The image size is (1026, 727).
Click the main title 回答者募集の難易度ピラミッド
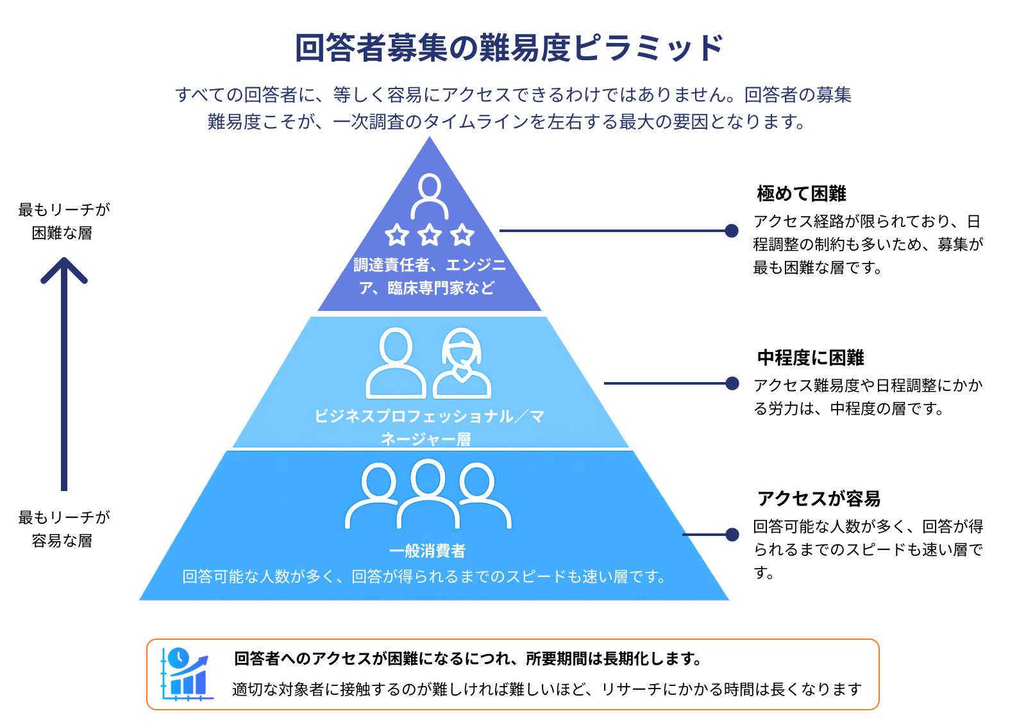click(510, 48)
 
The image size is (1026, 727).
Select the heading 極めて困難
click(801, 193)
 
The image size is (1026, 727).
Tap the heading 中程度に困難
click(810, 357)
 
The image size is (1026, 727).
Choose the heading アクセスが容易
click(818, 498)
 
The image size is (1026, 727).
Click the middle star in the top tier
click(430, 235)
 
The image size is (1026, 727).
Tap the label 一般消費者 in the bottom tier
click(427, 551)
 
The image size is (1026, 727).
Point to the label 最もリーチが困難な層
click(63, 221)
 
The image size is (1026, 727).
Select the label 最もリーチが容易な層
click(63, 529)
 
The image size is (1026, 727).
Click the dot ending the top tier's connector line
click(732, 231)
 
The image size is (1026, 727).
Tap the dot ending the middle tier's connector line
click(732, 383)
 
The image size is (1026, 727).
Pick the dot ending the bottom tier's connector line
click(732, 534)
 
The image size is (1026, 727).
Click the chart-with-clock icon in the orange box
click(185, 674)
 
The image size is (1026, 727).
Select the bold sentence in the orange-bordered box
click(467, 658)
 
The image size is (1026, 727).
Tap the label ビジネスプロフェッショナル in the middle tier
click(414, 416)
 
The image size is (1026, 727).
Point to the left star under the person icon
click(397, 235)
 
